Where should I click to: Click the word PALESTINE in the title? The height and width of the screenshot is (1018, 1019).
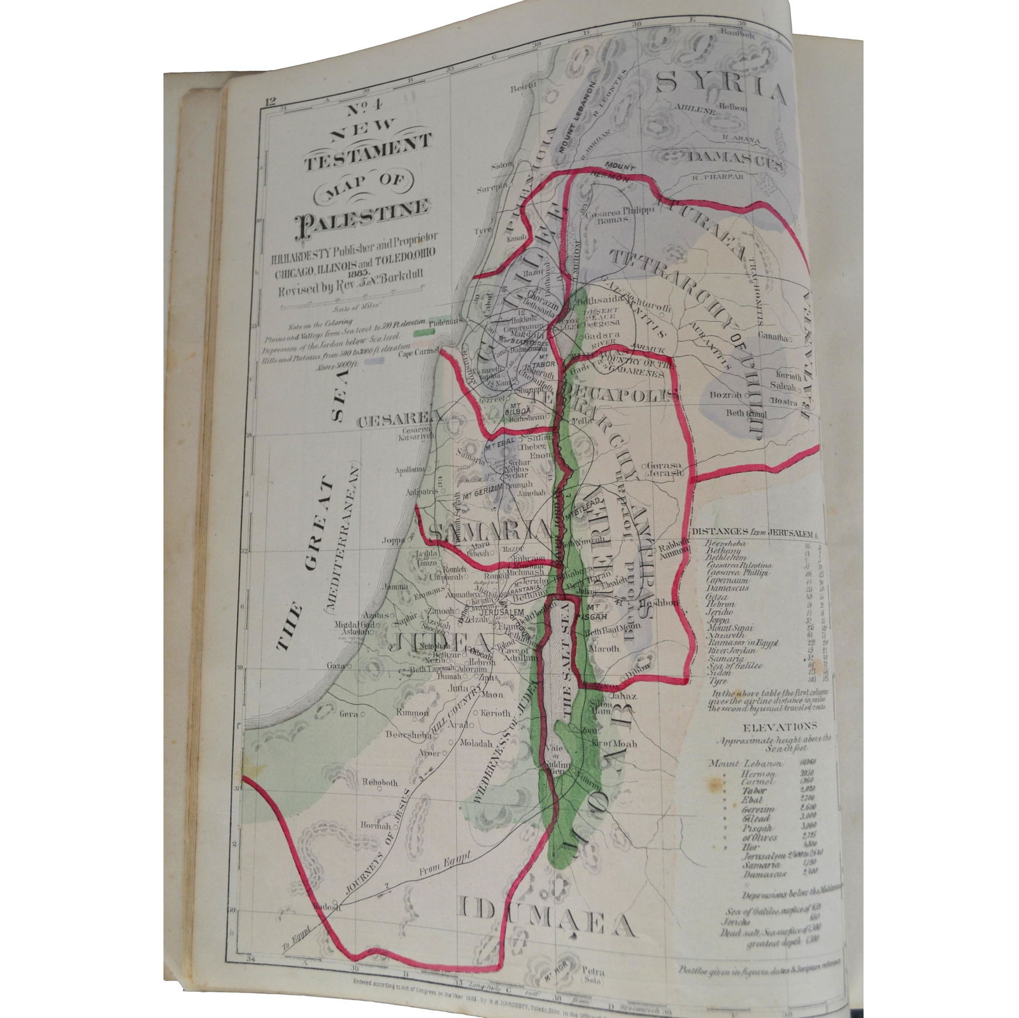362,211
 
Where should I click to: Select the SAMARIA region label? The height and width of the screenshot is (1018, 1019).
487,530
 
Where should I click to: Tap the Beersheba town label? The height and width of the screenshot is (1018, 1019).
408,734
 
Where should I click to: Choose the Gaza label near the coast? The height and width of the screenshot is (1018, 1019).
335,665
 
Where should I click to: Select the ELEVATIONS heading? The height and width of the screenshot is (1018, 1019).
771,726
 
